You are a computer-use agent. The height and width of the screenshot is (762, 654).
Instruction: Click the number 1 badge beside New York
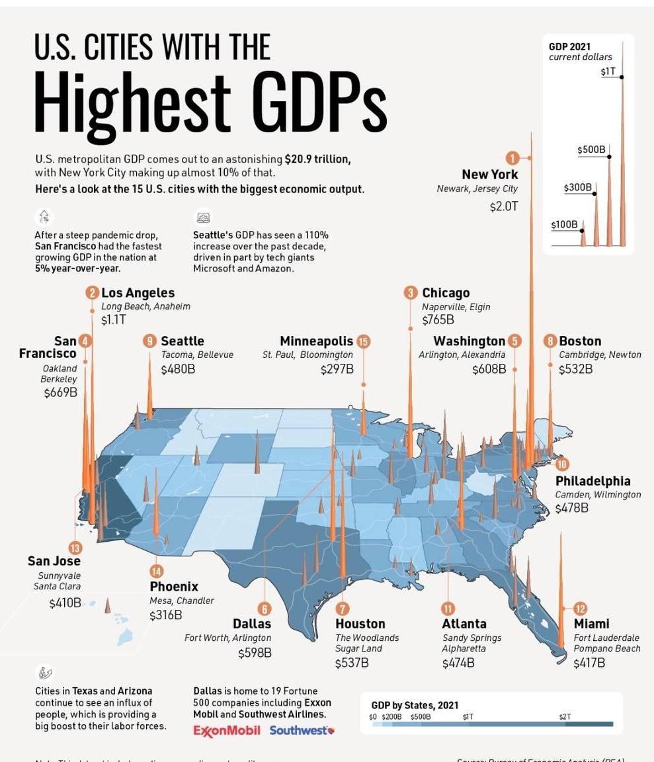pos(512,158)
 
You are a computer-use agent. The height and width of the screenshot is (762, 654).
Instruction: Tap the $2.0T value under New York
pos(503,206)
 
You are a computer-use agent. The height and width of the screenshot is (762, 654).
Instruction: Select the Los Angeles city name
pos(138,292)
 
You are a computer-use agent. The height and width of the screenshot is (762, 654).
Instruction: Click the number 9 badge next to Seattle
pos(150,341)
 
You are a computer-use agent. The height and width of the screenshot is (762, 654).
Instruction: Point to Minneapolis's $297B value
pos(337,369)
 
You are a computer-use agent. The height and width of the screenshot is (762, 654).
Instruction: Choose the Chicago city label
pos(446,292)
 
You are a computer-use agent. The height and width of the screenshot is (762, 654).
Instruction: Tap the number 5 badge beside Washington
pos(514,341)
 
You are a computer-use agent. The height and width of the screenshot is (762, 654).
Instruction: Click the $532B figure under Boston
pos(575,369)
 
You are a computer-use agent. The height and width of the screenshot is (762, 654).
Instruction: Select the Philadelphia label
pos(593,481)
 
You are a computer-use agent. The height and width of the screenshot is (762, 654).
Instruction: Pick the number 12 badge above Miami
pos(580,609)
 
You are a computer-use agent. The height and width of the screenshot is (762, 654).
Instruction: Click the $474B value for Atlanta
pos(458,663)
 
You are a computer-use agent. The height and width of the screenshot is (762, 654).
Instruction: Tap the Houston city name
pos(360,624)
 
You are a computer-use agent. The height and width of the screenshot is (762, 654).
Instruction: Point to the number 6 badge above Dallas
pos(264,609)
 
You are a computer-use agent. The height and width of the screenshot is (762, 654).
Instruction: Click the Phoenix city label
pos(174,587)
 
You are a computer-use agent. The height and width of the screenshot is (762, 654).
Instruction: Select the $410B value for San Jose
pos(65,603)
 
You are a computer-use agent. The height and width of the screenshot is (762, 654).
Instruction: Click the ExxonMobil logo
pos(226,731)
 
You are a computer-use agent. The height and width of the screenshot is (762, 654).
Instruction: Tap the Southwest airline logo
pos(302,731)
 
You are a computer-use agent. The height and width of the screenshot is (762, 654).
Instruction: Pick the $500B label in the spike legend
pos(591,150)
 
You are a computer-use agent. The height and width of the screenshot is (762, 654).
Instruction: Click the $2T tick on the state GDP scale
pos(564,716)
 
